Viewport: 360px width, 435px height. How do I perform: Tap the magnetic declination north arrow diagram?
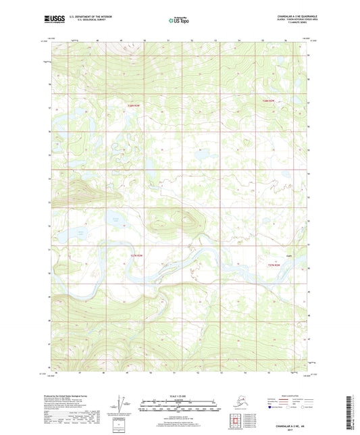pos(124,407)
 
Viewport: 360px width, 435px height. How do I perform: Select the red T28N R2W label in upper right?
pos(269,101)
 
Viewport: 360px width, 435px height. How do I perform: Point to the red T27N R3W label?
pos(136,255)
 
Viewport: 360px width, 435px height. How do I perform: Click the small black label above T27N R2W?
pos(288,257)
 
